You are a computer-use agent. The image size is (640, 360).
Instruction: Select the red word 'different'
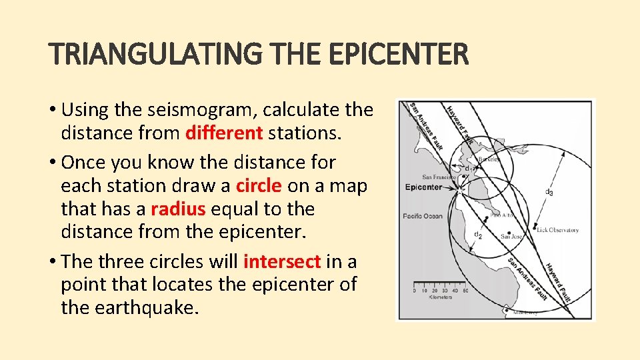224,133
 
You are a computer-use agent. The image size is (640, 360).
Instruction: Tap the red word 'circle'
259,185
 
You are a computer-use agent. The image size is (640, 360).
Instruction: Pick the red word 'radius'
178,209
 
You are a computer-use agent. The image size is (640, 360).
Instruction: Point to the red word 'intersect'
283,261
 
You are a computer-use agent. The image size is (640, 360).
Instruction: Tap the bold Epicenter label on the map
423,187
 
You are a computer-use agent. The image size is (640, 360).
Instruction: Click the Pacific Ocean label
423,216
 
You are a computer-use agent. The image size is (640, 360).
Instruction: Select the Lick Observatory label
556,230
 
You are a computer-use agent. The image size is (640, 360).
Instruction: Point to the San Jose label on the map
512,236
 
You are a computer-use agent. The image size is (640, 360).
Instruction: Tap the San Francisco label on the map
439,177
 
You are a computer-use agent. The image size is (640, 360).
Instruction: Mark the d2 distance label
478,234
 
